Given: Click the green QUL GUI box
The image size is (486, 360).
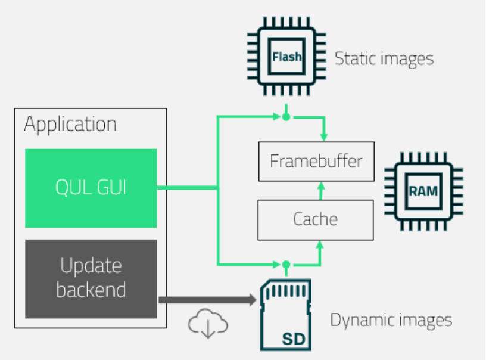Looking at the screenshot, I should (x=91, y=188).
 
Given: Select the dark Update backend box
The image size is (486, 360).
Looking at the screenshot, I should (x=91, y=278).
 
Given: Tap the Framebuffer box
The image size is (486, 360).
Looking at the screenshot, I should (x=316, y=162).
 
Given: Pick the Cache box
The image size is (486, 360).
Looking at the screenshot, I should (x=316, y=219).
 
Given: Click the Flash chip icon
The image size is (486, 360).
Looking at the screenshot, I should (x=286, y=57).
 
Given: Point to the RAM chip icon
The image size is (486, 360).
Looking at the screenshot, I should (x=423, y=191).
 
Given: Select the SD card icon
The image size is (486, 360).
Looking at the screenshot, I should (x=286, y=315).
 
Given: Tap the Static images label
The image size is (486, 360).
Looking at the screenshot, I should (x=384, y=58).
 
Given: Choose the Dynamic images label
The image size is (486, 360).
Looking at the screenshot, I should (x=391, y=320).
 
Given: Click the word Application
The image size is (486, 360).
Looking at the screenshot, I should (x=70, y=125).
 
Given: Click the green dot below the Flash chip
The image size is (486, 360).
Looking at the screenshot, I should (x=286, y=117).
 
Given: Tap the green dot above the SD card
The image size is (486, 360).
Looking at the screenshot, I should (x=286, y=263).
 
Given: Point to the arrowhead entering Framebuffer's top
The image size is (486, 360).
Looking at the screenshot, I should (x=324, y=137).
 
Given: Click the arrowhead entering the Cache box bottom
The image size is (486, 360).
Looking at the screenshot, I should (x=321, y=244).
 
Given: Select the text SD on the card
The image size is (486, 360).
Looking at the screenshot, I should (x=294, y=340).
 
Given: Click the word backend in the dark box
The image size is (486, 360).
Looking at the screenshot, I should (x=91, y=290).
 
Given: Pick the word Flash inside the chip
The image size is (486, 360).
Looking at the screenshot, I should (x=286, y=57).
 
